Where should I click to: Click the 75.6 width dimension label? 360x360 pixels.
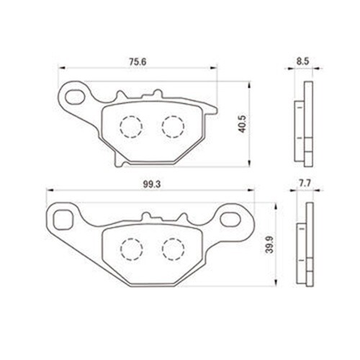[138, 62]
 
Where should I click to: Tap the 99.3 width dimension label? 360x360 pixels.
[152, 184]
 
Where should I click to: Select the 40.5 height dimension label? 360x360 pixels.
[242, 124]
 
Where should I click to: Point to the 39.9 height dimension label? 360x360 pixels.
[269, 245]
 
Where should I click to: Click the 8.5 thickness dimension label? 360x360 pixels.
[302, 61]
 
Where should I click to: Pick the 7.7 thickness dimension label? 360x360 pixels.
[305, 184]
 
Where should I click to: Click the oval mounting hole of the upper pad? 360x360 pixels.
[75, 96]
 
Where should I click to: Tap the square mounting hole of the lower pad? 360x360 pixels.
[63, 220]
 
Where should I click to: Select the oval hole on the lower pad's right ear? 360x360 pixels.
[230, 219]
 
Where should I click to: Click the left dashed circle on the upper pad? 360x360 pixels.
[131, 127]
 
